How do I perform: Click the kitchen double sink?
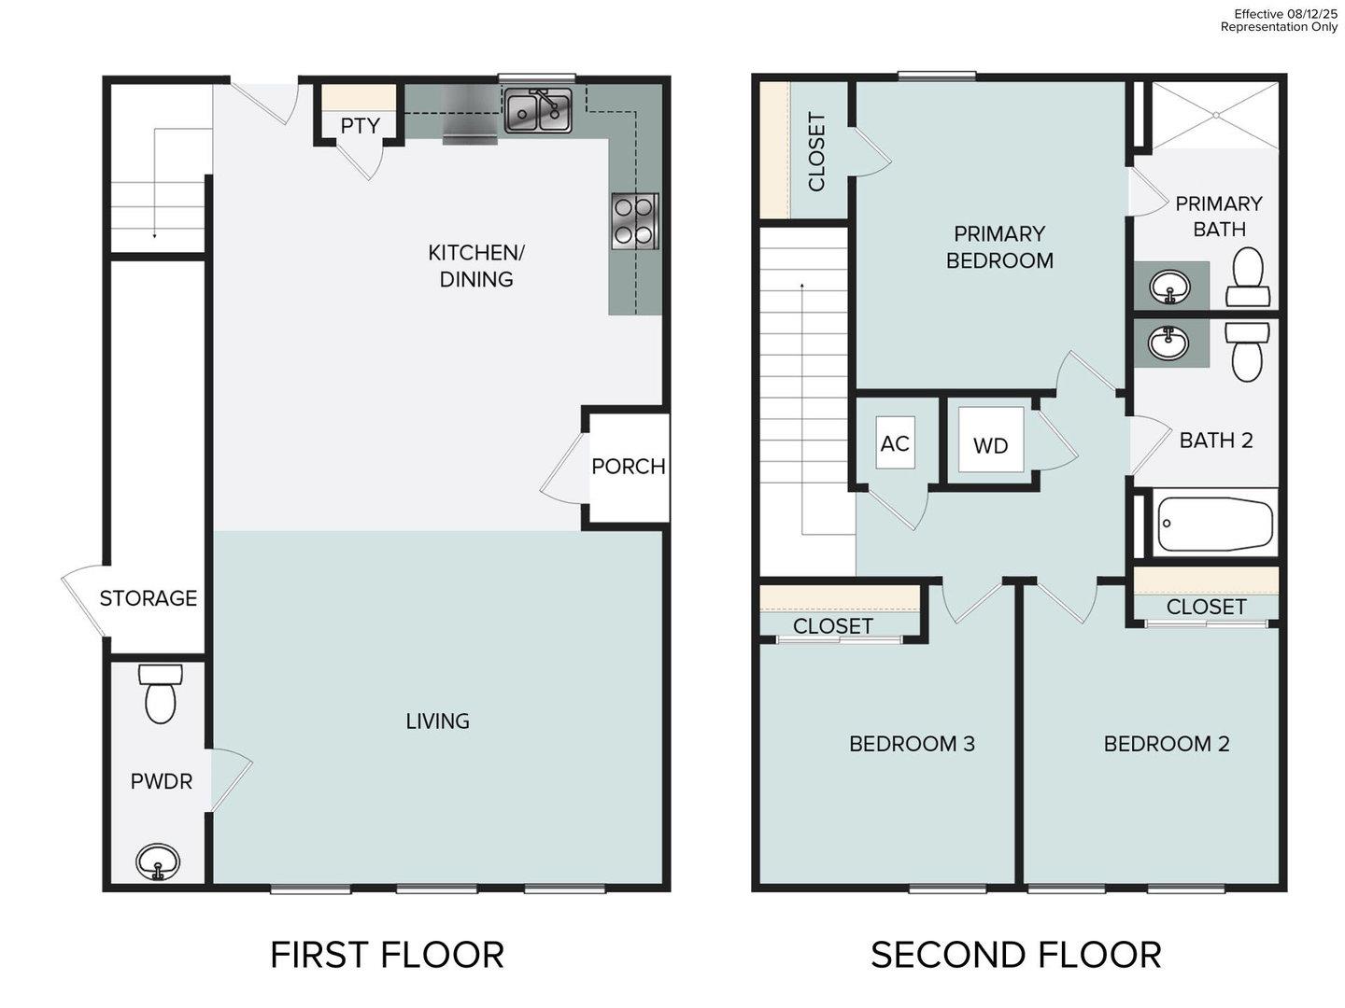point(538,111)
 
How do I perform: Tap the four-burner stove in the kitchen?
point(635,221)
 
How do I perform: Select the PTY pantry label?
point(360,126)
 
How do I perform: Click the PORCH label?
point(629,466)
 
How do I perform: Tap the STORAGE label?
point(149,598)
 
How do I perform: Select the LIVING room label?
point(437,721)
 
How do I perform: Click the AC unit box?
point(895,443)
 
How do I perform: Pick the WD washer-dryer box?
point(991,445)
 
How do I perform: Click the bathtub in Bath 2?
point(1214,523)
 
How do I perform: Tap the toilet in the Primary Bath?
point(1248,277)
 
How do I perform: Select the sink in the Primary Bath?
point(1168,286)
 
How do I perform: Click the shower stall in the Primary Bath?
point(1215,115)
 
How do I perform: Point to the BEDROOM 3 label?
point(912,744)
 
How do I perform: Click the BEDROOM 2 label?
point(1167,744)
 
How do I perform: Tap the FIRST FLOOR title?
point(387,955)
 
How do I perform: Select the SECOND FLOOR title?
point(1016,955)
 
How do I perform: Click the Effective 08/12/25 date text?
point(1285,14)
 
